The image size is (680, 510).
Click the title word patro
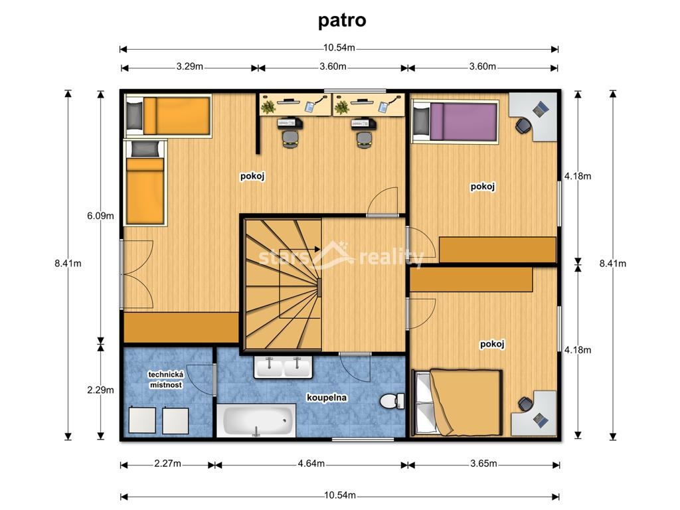[342, 21]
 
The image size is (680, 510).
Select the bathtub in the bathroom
[256, 421]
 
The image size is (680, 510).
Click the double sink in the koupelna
[283, 367]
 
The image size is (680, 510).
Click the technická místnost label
[165, 380]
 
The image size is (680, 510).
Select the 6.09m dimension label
[101, 216]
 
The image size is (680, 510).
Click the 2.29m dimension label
[101, 390]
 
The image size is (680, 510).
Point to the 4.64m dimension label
[311, 464]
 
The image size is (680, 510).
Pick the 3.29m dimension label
[189, 67]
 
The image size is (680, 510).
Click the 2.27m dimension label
[167, 464]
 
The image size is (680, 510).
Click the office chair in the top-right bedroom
[523, 124]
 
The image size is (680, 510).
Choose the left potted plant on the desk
[268, 106]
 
